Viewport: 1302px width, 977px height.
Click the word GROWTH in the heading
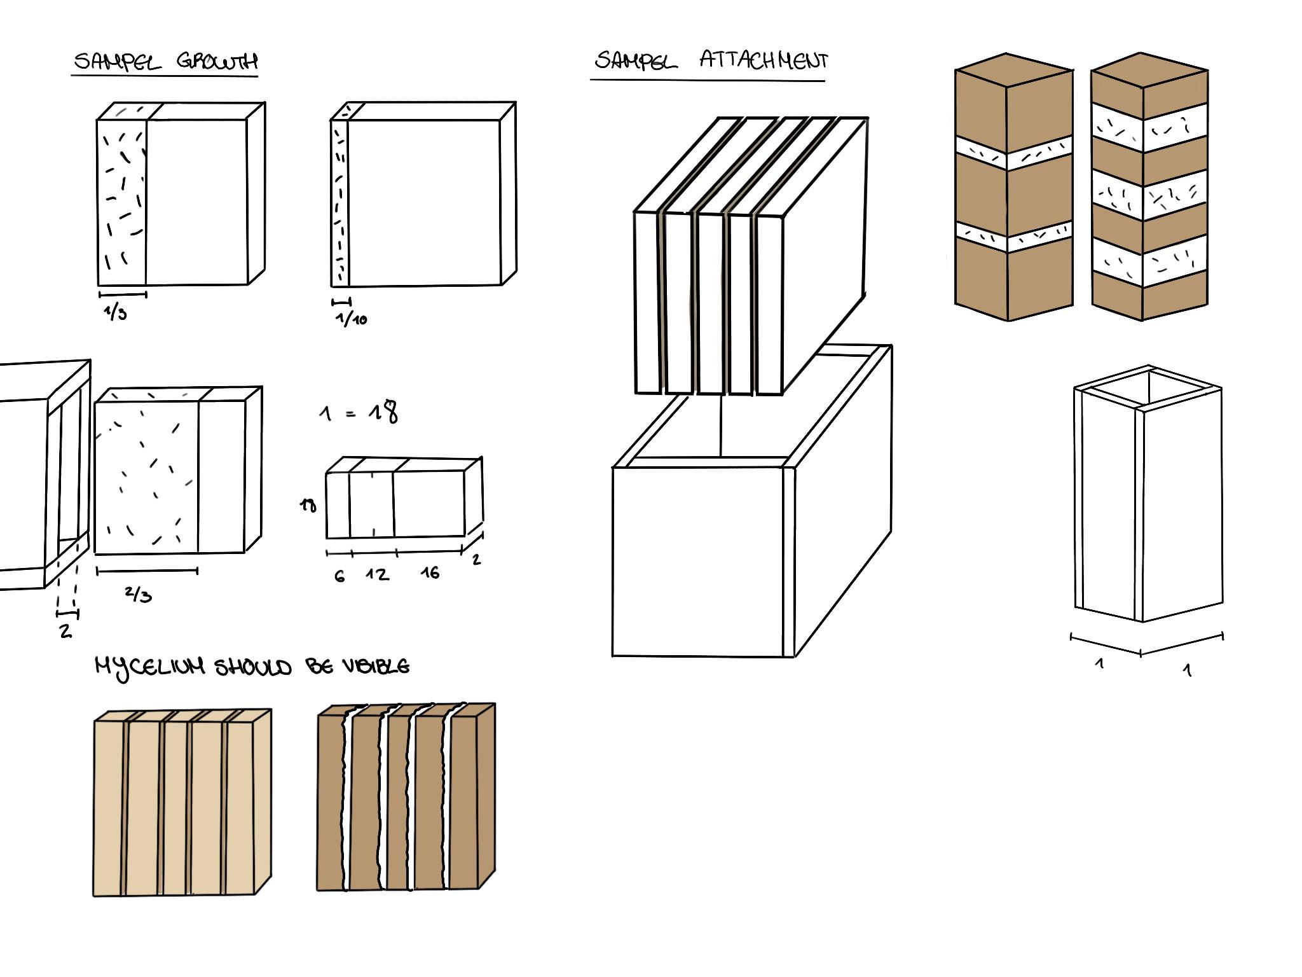(x=217, y=61)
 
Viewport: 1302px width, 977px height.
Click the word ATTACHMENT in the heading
(x=764, y=60)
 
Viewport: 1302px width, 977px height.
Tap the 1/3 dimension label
(x=116, y=312)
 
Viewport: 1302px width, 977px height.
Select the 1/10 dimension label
(x=352, y=318)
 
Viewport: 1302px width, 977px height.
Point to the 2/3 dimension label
(x=139, y=594)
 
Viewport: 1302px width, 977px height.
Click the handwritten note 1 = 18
(x=359, y=412)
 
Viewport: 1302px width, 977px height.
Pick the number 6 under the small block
(x=339, y=576)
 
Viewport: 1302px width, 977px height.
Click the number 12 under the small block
(x=377, y=574)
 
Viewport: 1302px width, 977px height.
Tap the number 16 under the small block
(x=430, y=573)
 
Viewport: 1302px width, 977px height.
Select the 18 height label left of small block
(x=308, y=506)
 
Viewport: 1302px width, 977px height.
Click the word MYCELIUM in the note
(x=150, y=667)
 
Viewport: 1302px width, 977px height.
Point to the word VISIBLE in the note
(x=376, y=666)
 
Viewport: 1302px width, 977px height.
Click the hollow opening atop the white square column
(x=1148, y=388)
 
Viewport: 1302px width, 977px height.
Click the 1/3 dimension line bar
(x=123, y=294)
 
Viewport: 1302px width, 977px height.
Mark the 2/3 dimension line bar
(x=147, y=571)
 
